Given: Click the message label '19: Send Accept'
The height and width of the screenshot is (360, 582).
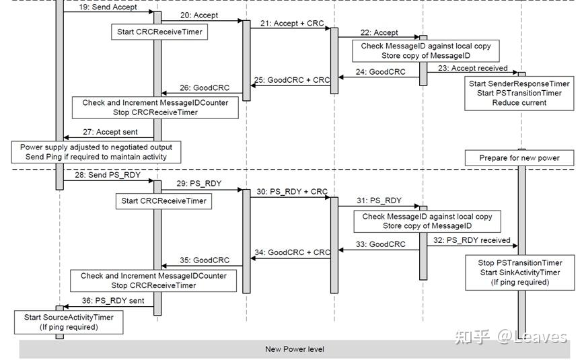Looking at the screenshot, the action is pyautogui.click(x=108, y=7).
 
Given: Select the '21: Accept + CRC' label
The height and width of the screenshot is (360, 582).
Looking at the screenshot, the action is pyautogui.click(x=292, y=24).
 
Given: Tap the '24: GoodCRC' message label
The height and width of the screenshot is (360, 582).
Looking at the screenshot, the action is pyautogui.click(x=380, y=72).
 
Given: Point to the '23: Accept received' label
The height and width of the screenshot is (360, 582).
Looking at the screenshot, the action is pyautogui.click(x=473, y=68).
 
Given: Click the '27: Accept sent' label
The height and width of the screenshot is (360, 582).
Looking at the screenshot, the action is pyautogui.click(x=110, y=132).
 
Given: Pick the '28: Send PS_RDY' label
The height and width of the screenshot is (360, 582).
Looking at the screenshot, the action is pyautogui.click(x=108, y=175).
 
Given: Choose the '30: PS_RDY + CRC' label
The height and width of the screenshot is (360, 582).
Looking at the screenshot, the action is pyautogui.click(x=292, y=192).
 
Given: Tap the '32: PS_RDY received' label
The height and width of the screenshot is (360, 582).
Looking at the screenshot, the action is pyautogui.click(x=472, y=240).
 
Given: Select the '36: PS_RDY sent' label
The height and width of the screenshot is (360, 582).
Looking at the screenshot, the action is pyautogui.click(x=113, y=301).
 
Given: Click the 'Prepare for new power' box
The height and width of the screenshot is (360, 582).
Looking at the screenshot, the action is pyautogui.click(x=519, y=158).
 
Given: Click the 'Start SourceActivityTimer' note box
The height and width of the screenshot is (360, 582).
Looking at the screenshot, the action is pyautogui.click(x=69, y=322).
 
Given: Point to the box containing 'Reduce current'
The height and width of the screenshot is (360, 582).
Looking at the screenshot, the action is pyautogui.click(x=519, y=93).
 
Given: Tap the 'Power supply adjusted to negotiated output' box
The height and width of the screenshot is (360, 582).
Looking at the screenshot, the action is pyautogui.click(x=96, y=152).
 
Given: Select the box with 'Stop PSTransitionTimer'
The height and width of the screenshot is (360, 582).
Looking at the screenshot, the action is pyautogui.click(x=520, y=273).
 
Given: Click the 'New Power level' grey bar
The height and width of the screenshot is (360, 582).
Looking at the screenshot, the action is pyautogui.click(x=295, y=349).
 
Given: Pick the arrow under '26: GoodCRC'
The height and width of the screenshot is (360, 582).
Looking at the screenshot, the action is pyautogui.click(x=202, y=93).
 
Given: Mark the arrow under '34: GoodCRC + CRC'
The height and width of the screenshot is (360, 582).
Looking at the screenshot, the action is pyautogui.click(x=291, y=258).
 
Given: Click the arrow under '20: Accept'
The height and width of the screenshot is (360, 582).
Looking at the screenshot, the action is pyautogui.click(x=202, y=21).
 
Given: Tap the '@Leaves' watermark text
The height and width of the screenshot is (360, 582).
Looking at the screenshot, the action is pyautogui.click(x=532, y=336).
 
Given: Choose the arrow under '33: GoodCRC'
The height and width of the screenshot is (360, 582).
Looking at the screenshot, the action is pyautogui.click(x=379, y=250).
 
